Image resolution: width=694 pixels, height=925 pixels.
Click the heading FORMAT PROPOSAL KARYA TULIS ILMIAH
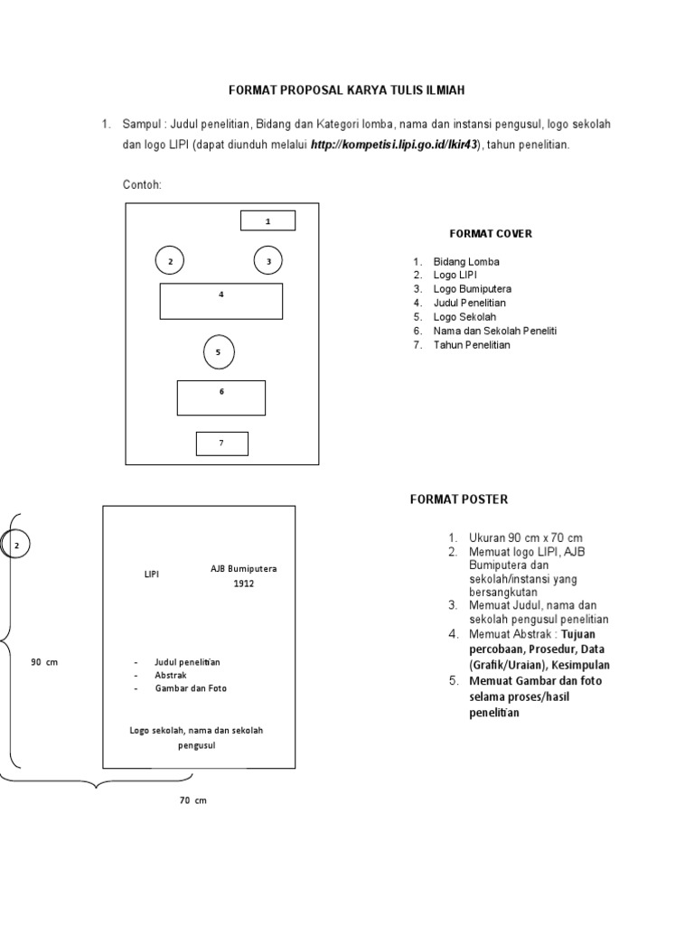(347, 90)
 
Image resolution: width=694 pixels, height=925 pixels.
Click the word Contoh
(142, 185)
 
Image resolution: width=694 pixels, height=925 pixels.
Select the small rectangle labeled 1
(267, 220)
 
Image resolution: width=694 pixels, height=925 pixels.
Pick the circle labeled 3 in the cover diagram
(268, 261)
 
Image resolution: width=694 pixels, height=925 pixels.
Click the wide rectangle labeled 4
(221, 301)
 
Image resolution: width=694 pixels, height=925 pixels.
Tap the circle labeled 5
(218, 352)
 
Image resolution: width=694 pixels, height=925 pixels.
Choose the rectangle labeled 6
(221, 397)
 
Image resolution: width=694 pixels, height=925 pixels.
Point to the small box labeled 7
(221, 443)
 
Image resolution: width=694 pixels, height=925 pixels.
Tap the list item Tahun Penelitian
(472, 345)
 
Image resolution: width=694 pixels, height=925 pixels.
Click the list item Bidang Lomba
(466, 262)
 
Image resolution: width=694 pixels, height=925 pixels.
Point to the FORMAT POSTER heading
(459, 499)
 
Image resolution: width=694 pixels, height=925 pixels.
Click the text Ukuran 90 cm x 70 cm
(526, 538)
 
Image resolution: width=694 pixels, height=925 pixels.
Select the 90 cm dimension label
(44, 662)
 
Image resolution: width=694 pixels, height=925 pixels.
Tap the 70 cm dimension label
(193, 800)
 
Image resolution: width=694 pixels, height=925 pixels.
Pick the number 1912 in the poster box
(244, 584)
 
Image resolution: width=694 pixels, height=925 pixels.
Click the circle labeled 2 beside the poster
(17, 546)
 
